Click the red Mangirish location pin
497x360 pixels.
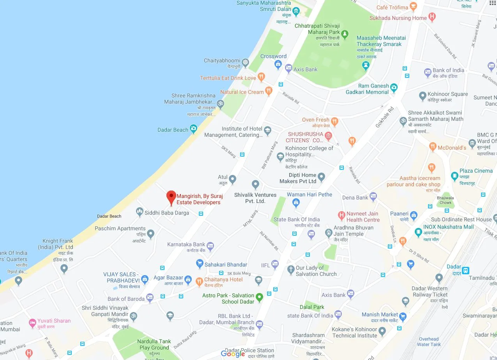[171, 197]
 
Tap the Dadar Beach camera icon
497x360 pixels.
[193, 129]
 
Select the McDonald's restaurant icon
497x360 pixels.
[432, 147]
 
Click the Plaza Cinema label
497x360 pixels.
[476, 171]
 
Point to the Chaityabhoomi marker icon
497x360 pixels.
[245, 62]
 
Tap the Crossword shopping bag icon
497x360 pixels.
[278, 64]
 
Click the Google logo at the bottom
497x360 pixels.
[233, 353]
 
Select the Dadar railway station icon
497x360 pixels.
[465, 270]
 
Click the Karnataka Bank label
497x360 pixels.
[186, 244]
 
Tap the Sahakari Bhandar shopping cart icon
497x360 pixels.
[200, 264]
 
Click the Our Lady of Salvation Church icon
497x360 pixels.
[291, 270]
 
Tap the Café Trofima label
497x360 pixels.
[392, 7]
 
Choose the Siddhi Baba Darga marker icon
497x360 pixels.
[140, 212]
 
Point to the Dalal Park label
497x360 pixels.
[312, 307]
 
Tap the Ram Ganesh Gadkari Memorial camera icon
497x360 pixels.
[394, 87]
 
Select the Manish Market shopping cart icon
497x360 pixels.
[403, 316]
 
